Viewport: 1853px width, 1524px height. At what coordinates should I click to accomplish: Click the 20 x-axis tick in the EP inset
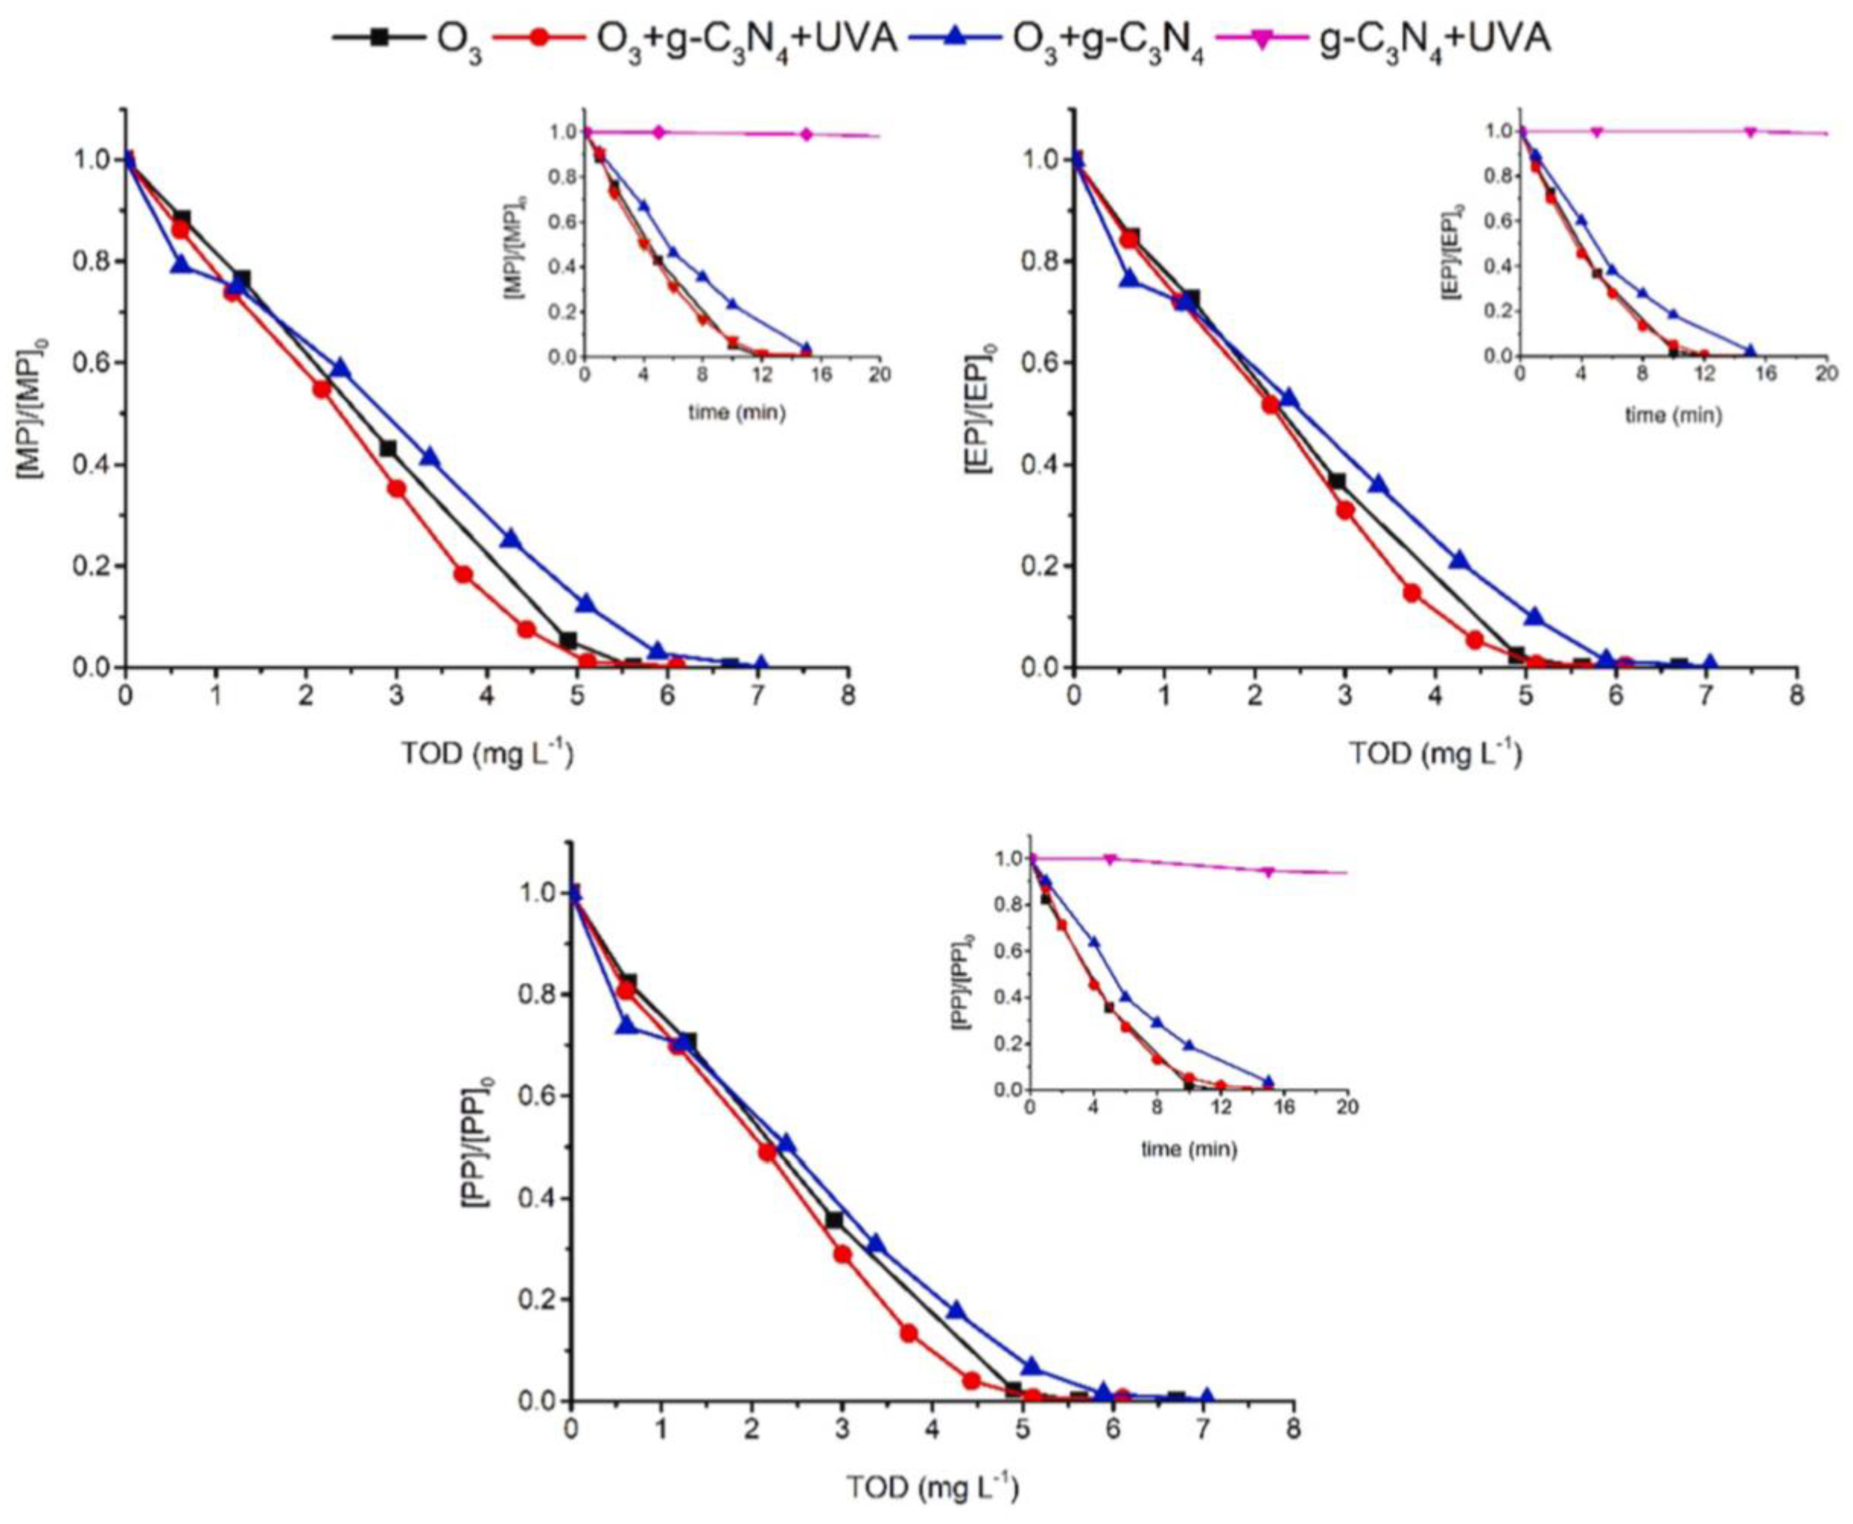[1826, 374]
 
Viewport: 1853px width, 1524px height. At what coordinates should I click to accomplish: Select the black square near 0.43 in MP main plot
[387, 448]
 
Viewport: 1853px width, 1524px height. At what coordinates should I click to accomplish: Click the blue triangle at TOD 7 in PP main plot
[1207, 1396]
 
